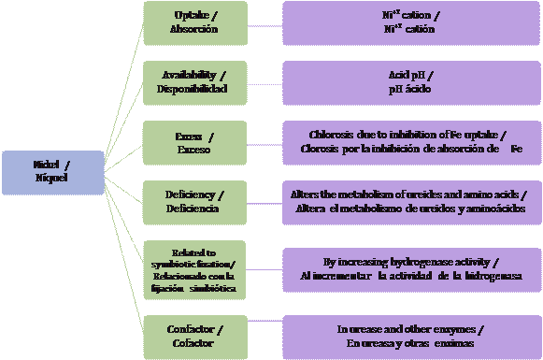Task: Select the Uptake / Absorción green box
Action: [196, 22]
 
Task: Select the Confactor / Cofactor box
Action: [196, 338]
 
